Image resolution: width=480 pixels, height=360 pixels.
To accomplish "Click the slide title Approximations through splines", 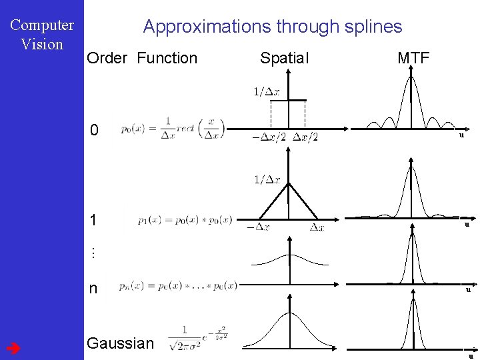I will click(x=273, y=27).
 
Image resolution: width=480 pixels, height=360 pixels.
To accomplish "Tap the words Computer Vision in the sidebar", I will click(x=42, y=35).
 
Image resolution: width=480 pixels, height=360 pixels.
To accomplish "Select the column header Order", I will click(x=107, y=58).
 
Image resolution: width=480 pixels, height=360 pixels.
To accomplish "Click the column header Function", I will click(x=167, y=58).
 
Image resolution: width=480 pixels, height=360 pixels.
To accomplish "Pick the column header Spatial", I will click(x=285, y=58).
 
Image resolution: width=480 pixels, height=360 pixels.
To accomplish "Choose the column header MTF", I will click(x=413, y=58).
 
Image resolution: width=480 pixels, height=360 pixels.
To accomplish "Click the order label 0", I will click(x=95, y=130).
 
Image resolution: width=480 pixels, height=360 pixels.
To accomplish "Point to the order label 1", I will click(x=95, y=220).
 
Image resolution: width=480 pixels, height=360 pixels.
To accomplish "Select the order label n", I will click(x=93, y=288).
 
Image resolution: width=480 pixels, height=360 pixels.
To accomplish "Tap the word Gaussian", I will click(x=121, y=343).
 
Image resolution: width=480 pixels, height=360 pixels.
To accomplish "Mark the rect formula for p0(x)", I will click(x=173, y=130).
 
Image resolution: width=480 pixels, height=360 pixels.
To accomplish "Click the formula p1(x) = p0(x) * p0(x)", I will click(x=185, y=219).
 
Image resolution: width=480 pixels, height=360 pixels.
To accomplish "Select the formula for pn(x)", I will click(x=178, y=285).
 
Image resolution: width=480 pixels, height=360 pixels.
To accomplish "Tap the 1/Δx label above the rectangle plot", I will click(x=266, y=91).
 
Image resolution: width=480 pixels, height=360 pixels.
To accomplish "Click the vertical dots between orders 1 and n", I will click(x=93, y=253).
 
